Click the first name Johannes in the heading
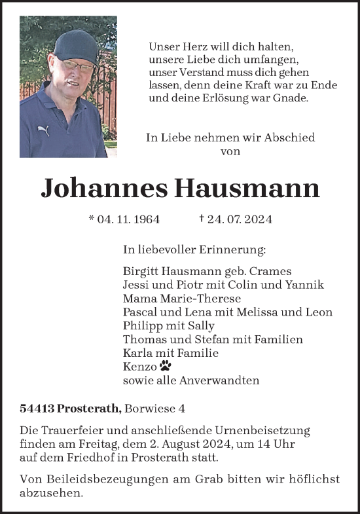[x=103, y=189]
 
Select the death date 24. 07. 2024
[x=239, y=219]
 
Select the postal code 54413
[x=37, y=409]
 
